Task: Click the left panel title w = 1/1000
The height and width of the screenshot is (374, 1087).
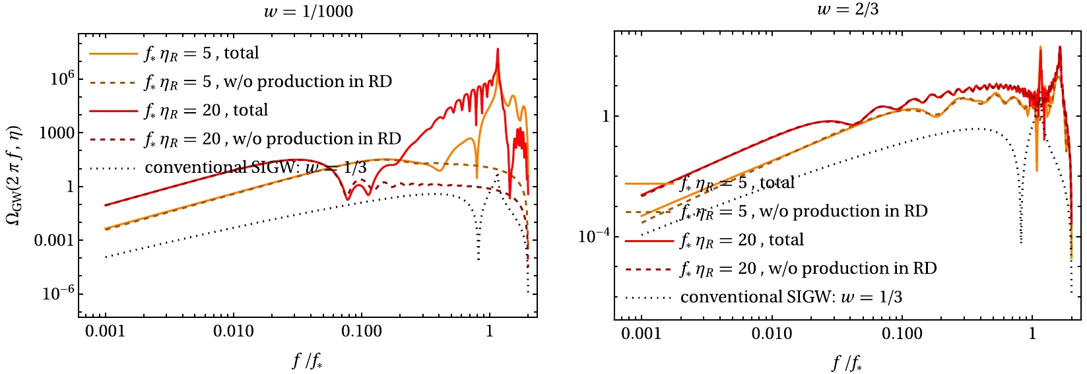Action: pos(308,11)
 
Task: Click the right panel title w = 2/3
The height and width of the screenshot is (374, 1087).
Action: pos(847,9)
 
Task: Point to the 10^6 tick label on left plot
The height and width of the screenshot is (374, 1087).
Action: pos(63,78)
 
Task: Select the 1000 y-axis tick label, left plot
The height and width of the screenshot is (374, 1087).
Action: pos(57,133)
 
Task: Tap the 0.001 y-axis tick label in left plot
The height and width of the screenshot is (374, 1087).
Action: pos(54,240)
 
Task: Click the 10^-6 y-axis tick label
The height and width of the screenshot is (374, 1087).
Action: pos(59,294)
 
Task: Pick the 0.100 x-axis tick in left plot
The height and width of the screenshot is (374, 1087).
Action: pos(361,331)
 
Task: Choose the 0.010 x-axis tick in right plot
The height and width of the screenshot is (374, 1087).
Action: pos(772,334)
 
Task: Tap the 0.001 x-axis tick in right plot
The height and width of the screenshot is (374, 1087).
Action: pos(642,334)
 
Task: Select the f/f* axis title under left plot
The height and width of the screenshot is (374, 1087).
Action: pos(308,361)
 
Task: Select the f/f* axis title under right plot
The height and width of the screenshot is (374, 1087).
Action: pos(847,363)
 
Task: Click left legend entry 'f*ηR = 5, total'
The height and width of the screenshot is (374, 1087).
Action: pos(201,53)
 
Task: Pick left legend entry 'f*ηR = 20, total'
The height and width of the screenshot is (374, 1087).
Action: pos(206,110)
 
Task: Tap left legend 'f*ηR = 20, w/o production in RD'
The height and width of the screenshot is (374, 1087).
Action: pos(273,139)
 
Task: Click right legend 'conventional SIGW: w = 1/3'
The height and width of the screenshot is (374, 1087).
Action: pos(791,297)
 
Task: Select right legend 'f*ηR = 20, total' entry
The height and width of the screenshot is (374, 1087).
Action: pos(742,239)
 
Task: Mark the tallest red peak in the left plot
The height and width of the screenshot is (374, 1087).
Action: pos(498,49)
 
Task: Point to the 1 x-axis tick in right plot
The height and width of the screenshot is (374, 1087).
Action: pos(1032,334)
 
